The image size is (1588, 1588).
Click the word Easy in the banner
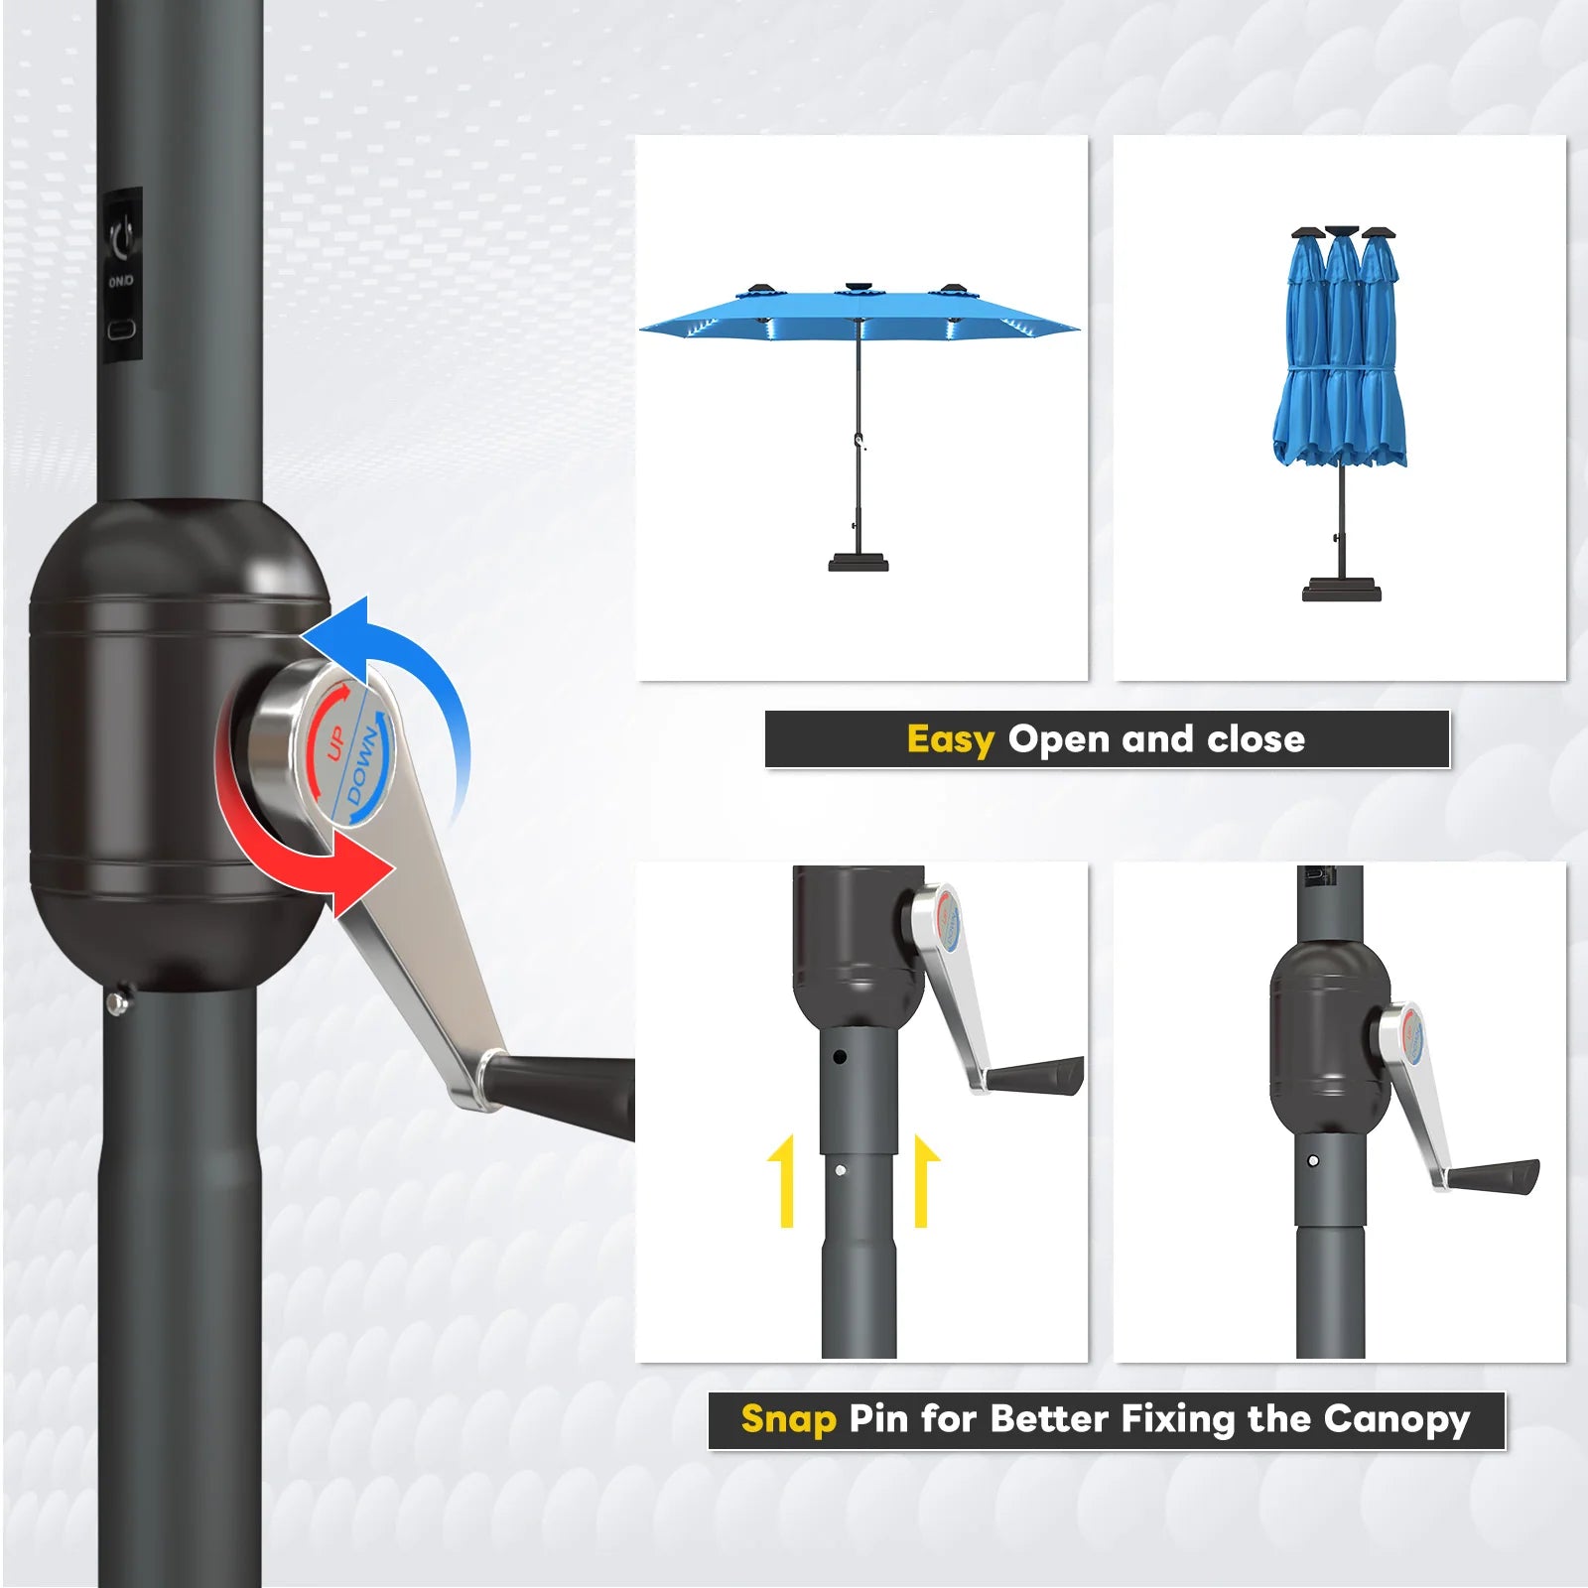(950, 740)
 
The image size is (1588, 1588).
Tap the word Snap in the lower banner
(789, 1419)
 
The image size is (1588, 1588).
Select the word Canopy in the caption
(1396, 1420)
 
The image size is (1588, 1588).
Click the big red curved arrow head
(362, 873)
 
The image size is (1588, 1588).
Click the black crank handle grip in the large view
(561, 1094)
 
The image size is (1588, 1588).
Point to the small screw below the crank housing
(118, 1002)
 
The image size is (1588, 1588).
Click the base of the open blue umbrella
(859, 563)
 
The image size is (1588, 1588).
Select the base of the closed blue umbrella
(1341, 590)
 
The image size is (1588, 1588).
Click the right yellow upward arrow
(924, 1182)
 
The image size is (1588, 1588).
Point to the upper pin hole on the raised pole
(840, 1058)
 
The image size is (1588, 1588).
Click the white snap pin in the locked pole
(1313, 1160)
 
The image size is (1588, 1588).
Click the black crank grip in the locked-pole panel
(1495, 1177)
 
